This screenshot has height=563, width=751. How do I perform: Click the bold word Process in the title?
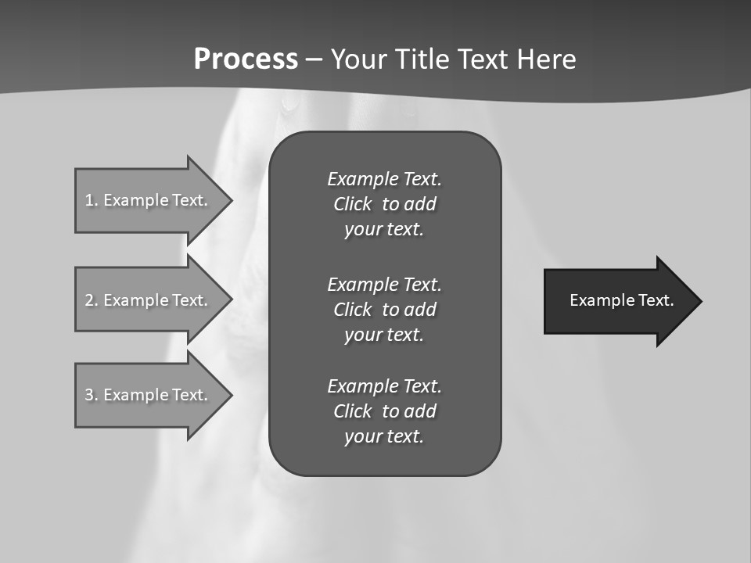tap(246, 59)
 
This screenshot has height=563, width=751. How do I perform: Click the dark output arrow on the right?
tap(618, 301)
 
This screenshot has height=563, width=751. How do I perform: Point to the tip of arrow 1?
tap(230, 200)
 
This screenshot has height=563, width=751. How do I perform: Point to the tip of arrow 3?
tap(230, 395)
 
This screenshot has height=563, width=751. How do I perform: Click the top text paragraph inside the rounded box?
tap(384, 204)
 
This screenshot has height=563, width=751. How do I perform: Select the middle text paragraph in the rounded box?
tap(384, 310)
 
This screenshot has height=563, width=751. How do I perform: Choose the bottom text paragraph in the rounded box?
tap(384, 411)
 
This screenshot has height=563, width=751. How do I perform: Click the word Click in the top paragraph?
tap(352, 205)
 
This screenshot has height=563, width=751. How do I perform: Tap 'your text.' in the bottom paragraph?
tap(384, 437)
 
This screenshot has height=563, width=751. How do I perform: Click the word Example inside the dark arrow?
tap(597, 300)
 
